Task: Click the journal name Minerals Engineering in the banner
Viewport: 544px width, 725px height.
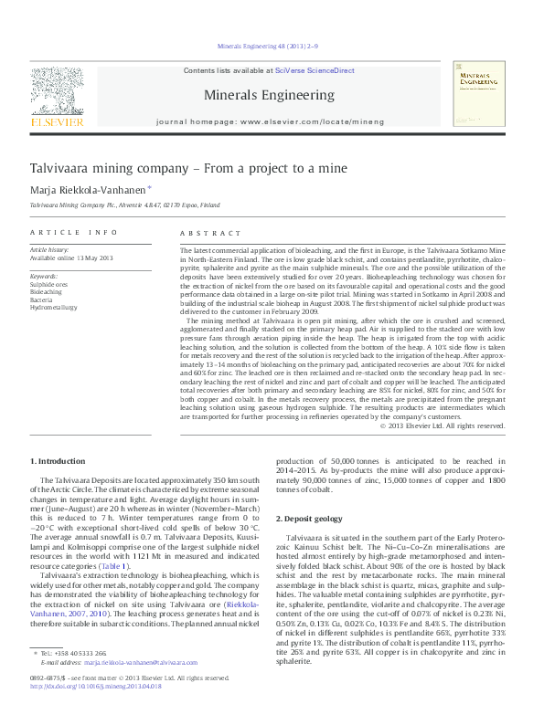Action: pos(268,94)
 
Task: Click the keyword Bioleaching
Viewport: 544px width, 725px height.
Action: pos(46,292)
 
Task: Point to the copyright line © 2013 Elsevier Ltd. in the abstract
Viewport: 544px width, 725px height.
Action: pos(442,426)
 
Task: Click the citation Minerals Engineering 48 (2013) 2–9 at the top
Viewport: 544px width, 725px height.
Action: pos(268,45)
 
